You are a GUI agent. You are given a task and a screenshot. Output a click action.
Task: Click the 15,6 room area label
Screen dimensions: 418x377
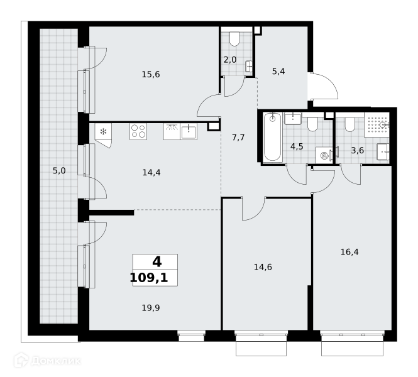(151, 75)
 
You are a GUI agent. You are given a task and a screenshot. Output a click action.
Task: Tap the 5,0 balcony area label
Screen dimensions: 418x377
(59, 170)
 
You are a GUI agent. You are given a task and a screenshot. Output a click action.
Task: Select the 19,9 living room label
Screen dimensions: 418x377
(151, 308)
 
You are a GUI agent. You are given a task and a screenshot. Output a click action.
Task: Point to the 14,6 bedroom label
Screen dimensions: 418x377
(263, 267)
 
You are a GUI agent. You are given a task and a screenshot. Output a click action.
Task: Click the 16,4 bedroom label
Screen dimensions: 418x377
(349, 252)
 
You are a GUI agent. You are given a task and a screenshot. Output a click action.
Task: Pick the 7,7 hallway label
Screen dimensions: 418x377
(238, 138)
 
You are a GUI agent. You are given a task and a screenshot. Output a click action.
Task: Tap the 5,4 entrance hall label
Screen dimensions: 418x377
(278, 72)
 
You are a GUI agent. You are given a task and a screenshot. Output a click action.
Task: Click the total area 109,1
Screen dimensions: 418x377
(149, 278)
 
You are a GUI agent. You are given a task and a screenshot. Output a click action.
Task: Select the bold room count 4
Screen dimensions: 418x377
(157, 262)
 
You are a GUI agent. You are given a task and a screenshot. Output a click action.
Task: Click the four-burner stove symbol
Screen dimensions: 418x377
(138, 131)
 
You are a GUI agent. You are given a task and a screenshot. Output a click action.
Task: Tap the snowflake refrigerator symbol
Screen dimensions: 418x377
(103, 131)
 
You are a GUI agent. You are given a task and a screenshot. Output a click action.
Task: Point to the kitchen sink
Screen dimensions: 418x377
(189, 131)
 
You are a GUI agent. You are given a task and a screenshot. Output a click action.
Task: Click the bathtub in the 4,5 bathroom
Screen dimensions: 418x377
(272, 137)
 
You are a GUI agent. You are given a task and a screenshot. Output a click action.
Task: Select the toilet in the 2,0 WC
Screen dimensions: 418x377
(234, 39)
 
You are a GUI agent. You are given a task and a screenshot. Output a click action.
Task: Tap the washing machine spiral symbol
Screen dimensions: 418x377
(324, 156)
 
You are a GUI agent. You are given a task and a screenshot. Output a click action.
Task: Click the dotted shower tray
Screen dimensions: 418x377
(377, 124)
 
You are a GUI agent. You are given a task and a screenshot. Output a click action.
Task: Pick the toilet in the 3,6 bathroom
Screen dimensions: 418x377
(349, 124)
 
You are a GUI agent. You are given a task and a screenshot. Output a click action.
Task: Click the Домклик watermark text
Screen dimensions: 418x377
(55, 361)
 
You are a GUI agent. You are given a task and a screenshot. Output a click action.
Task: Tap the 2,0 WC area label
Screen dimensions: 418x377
(230, 60)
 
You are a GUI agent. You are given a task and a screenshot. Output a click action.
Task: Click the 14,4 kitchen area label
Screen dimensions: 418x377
(151, 173)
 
